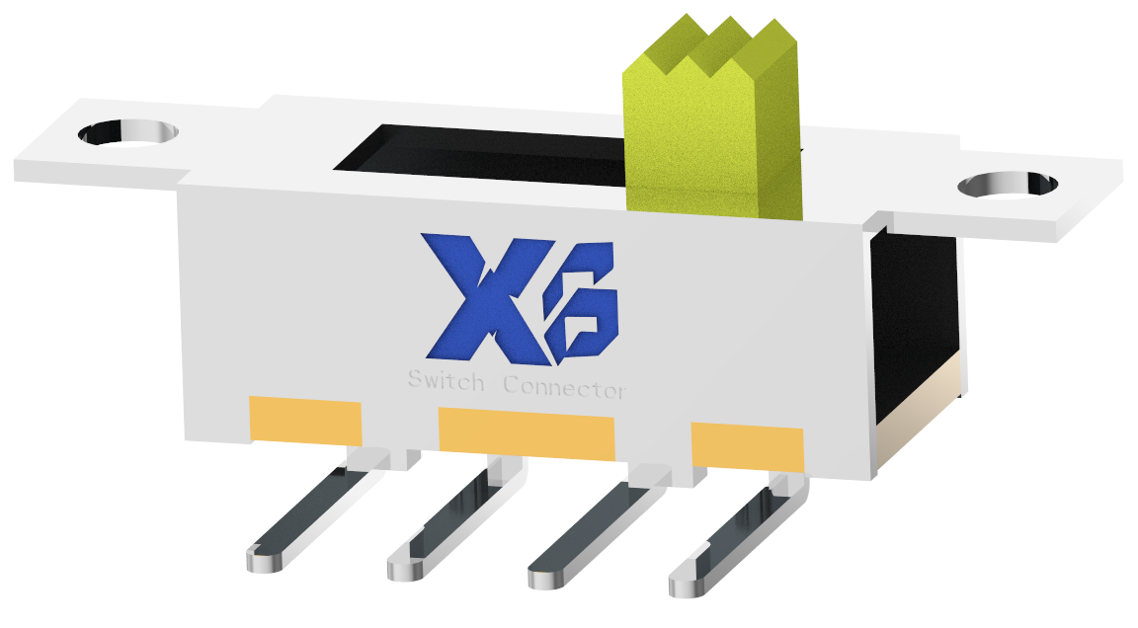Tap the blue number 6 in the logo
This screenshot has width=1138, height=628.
[583, 301]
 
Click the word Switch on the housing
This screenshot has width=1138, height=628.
[447, 382]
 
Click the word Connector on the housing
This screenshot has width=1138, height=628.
[564, 387]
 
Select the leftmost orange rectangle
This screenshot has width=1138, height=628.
[304, 420]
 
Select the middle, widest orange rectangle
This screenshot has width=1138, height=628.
[527, 435]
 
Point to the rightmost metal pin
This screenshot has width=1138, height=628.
[736, 538]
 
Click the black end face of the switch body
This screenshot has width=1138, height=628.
[914, 316]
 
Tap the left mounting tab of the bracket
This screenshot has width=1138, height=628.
[99, 158]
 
